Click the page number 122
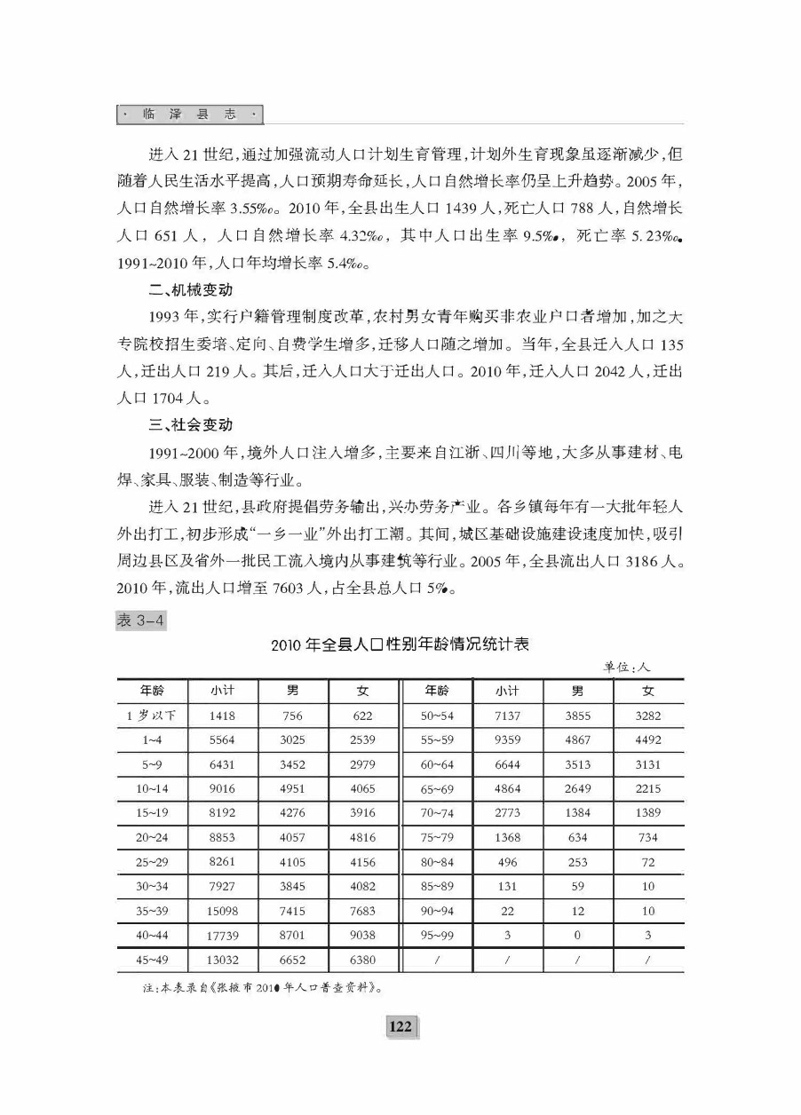400,1026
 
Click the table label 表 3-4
140,621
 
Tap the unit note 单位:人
628,666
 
